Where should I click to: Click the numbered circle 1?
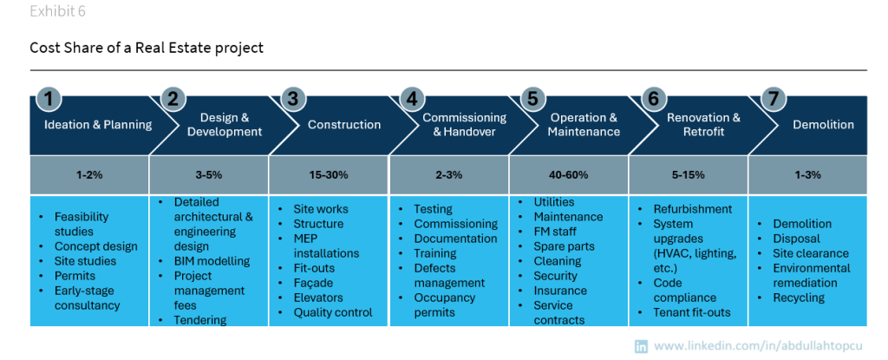point(49,99)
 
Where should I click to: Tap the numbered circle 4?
point(411,99)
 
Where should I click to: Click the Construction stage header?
point(344,125)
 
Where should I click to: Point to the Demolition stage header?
point(823,125)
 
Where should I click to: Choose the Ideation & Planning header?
point(97,125)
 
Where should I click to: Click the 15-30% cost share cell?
point(329,174)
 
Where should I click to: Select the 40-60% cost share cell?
point(569,174)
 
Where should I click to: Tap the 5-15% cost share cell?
point(689,174)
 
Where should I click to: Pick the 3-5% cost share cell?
point(209,174)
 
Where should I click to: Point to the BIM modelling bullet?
point(212,261)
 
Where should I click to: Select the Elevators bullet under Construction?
point(318,298)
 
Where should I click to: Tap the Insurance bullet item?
point(560,291)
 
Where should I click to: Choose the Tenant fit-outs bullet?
point(692,312)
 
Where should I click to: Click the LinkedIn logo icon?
point(642,346)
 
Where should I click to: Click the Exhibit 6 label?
point(58,12)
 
